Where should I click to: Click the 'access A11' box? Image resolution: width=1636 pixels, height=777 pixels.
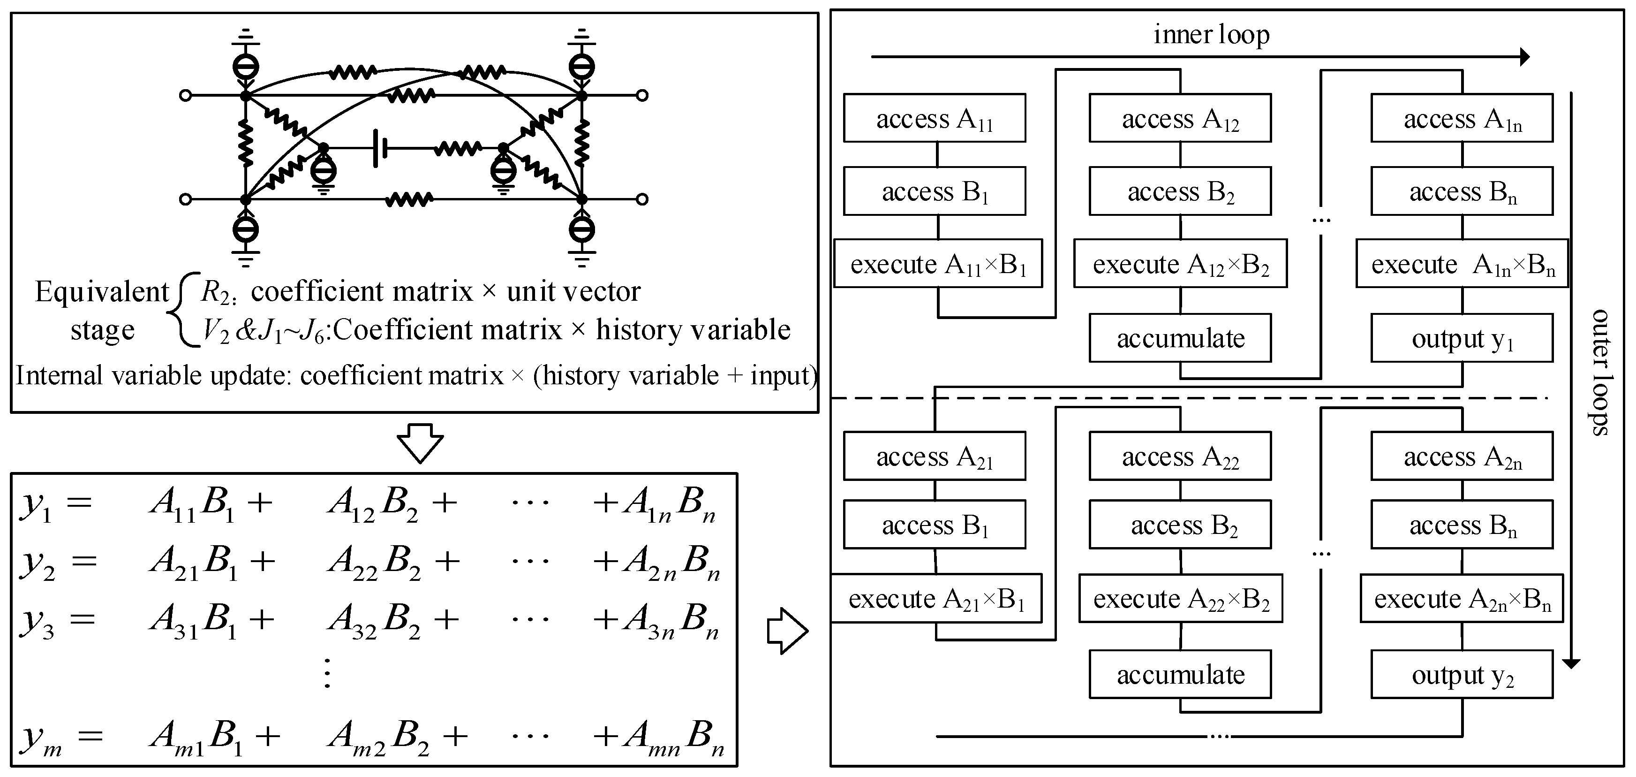pos(934,119)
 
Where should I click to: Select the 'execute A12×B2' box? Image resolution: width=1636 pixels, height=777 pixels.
pos(1180,264)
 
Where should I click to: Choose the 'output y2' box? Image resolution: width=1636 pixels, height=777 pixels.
pos(1462,675)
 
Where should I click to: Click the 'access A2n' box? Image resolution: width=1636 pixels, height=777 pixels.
pos(1462,456)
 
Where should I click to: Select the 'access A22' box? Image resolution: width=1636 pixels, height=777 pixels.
pos(1180,456)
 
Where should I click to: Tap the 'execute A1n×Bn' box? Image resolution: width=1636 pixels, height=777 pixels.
pos(1462,264)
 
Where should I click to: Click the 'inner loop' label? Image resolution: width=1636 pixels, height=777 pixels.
pos(1211,34)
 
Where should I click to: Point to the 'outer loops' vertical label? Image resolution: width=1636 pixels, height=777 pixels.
pos(1599,372)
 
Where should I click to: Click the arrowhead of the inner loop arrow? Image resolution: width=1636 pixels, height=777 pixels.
pos(1524,57)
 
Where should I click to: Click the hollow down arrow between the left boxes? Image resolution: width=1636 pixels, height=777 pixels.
pos(420,443)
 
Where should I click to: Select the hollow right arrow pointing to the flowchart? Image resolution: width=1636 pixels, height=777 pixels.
pos(787,631)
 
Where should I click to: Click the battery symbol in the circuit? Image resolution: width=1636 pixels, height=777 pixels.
pos(380,149)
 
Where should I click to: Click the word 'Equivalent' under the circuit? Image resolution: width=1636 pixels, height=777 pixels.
pos(102,292)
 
